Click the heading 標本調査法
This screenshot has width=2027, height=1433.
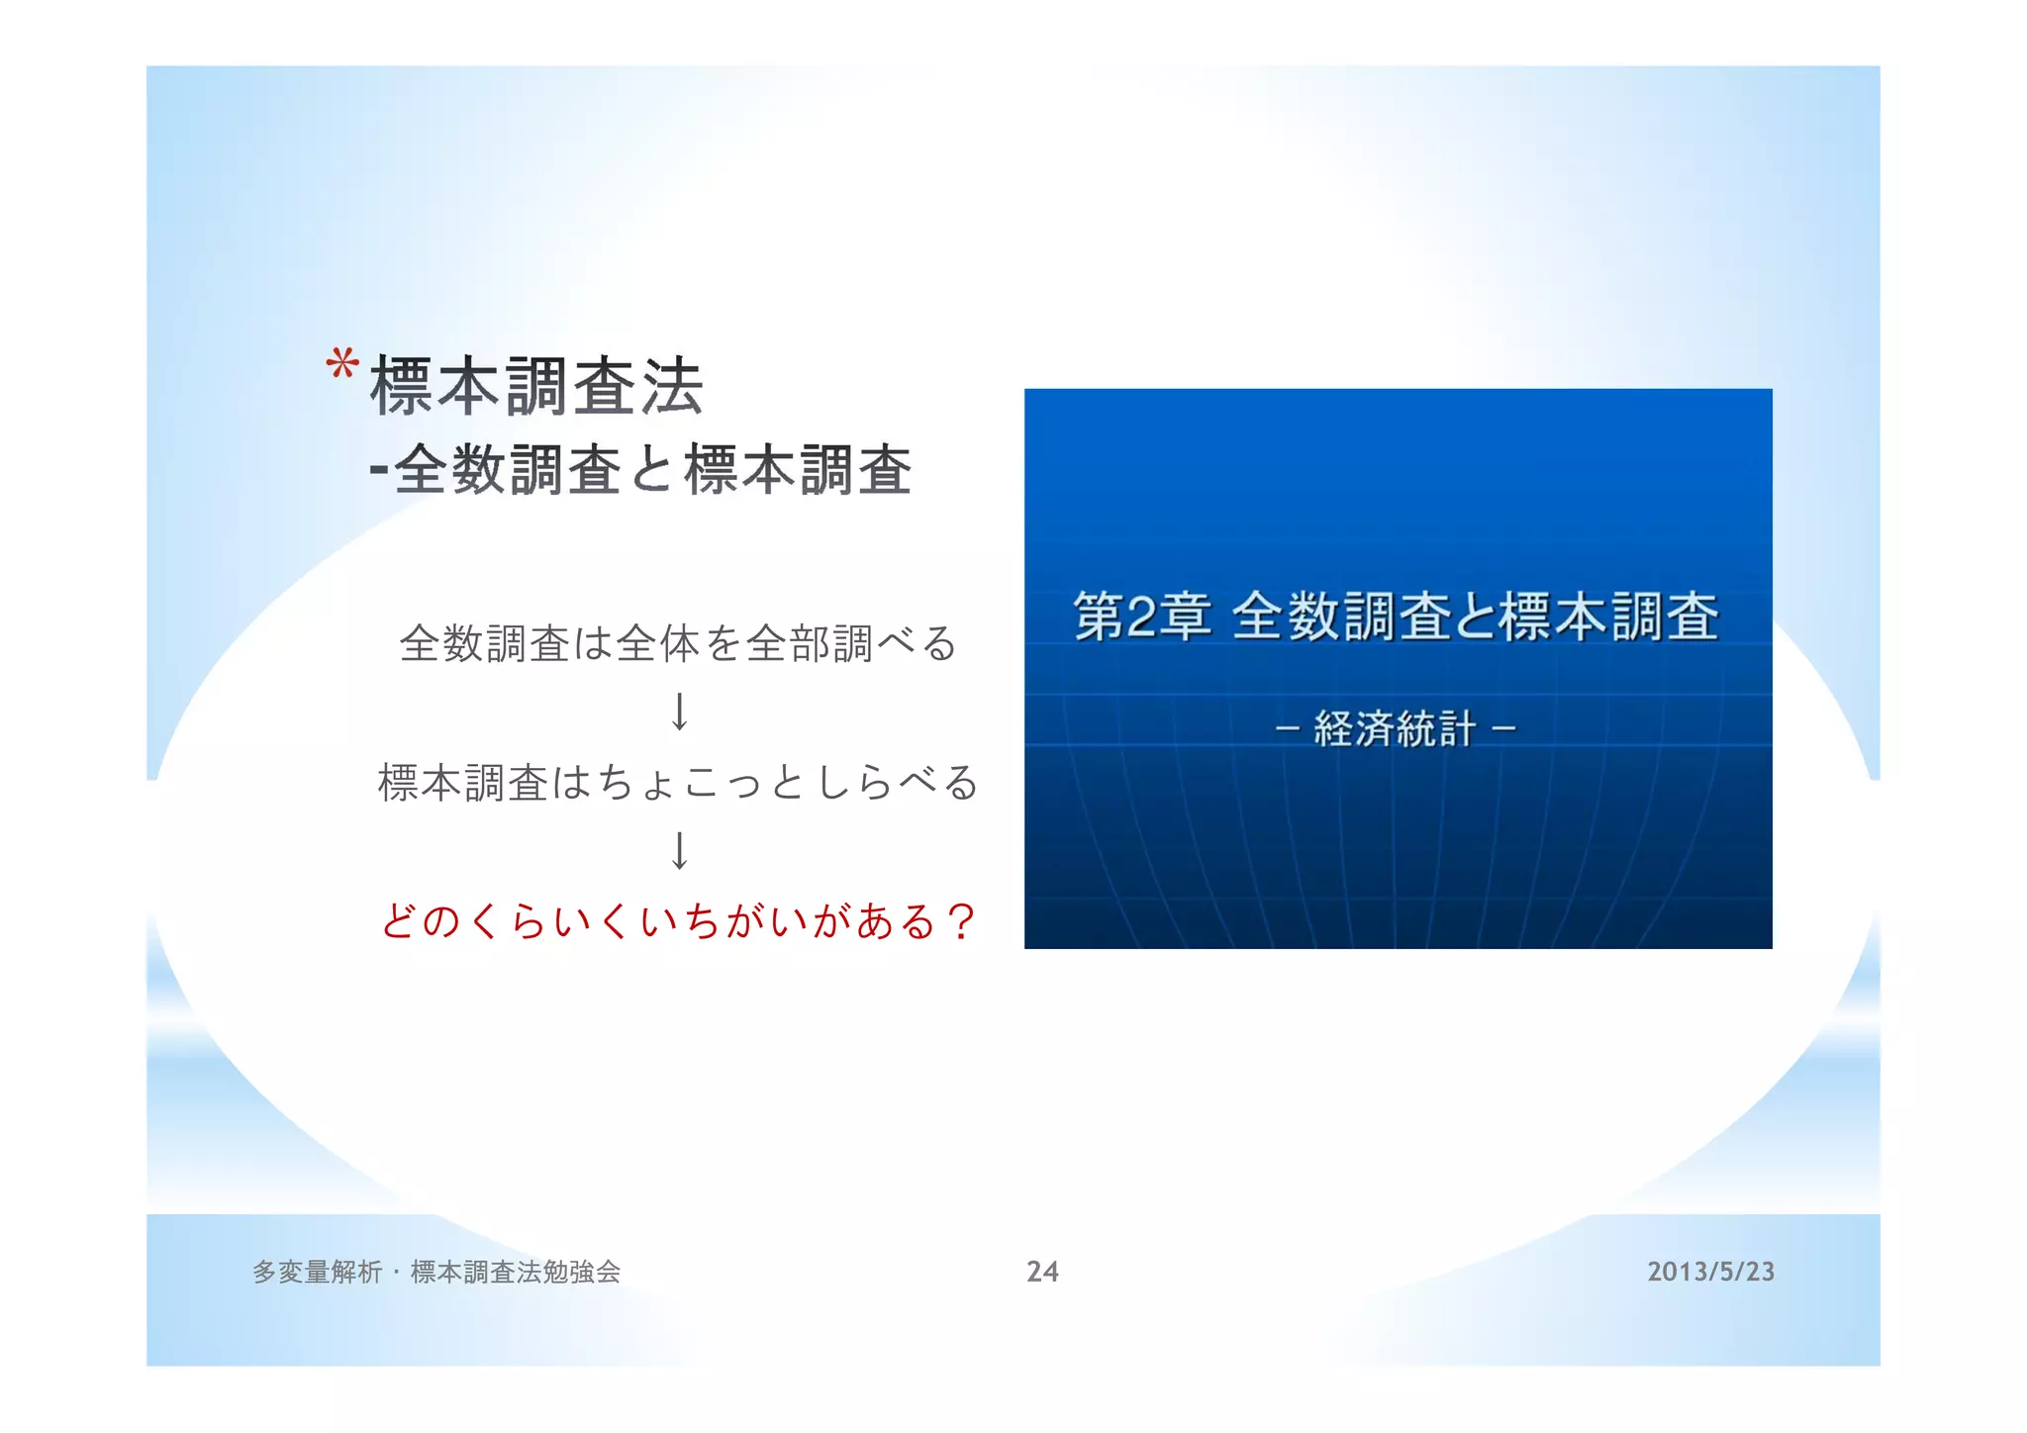coord(536,386)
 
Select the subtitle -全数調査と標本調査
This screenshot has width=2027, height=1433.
coord(640,469)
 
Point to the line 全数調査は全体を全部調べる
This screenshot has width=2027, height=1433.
coord(678,643)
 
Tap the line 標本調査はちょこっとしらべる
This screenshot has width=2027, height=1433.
coord(678,783)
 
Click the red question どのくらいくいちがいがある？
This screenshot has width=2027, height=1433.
coord(678,921)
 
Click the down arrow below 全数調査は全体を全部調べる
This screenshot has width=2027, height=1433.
coord(679,712)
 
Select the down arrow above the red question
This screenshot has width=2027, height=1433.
coord(679,850)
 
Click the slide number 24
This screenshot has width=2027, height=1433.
coord(1042,1272)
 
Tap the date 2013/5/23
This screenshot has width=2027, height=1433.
coord(1710,1272)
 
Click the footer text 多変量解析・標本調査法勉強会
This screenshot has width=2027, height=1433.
coord(436,1272)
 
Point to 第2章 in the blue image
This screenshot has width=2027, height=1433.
coord(1142,617)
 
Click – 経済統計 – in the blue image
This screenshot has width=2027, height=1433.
coord(1396,729)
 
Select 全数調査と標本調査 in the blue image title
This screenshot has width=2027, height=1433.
coord(1476,617)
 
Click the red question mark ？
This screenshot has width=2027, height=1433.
coord(960,921)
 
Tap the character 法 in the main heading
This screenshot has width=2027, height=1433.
coord(672,386)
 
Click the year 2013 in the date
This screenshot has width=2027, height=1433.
coord(1672,1272)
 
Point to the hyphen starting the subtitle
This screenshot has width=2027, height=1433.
coord(378,469)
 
